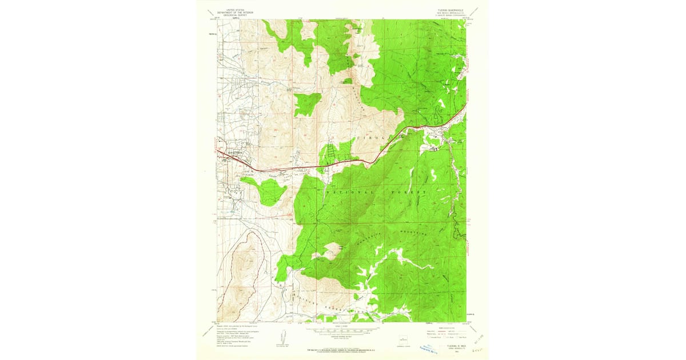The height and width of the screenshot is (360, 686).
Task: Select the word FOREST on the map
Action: [409, 193]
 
